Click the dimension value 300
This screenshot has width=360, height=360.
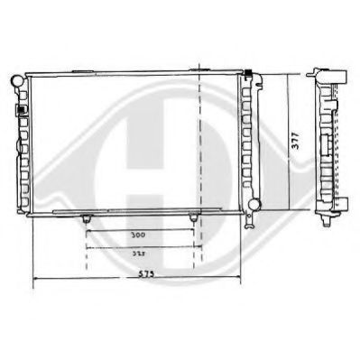(138, 235)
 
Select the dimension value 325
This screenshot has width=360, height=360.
(138, 255)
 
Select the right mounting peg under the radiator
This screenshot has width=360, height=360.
(193, 219)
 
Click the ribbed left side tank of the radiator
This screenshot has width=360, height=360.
(23, 144)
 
